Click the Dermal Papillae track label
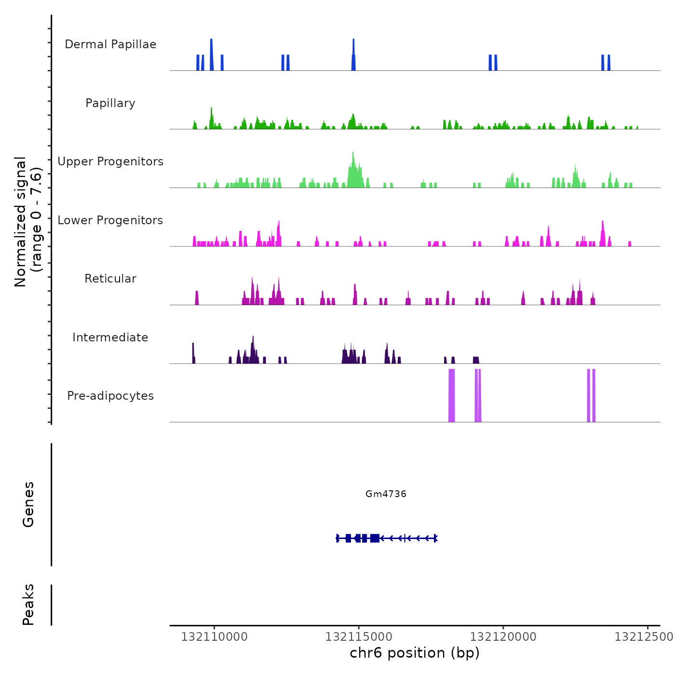(x=110, y=44)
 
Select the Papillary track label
(x=110, y=103)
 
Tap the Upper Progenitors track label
(x=110, y=162)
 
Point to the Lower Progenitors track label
(x=110, y=220)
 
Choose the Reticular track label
(x=110, y=279)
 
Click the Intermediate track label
(x=110, y=337)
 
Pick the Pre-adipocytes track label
(x=110, y=396)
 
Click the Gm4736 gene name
(x=386, y=494)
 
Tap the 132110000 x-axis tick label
(x=214, y=637)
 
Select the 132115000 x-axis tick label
(x=359, y=637)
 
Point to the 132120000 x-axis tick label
(x=503, y=637)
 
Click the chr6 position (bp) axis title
(x=415, y=653)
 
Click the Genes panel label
(x=28, y=504)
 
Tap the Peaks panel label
(x=28, y=605)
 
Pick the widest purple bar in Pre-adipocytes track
(x=452, y=395)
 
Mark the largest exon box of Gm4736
(x=375, y=538)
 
